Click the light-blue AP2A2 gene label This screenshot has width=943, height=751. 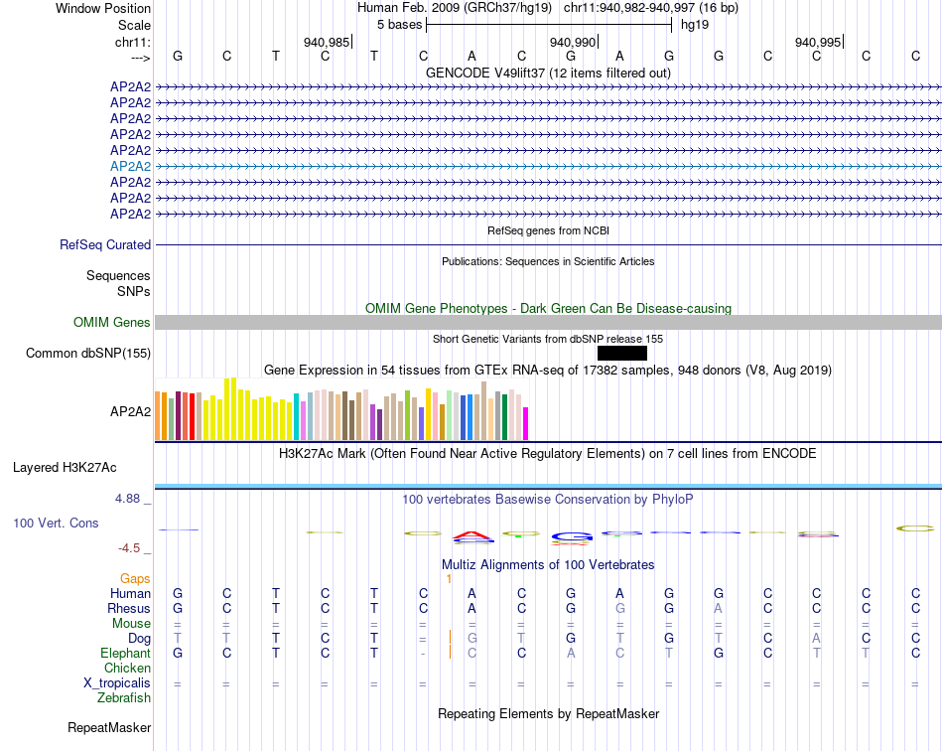130,166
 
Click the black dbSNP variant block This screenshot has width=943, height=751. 622,353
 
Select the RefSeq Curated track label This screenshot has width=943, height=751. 105,244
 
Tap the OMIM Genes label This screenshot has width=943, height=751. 112,322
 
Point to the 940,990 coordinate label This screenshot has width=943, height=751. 573,42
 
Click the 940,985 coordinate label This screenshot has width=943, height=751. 327,42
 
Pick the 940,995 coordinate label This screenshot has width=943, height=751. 818,42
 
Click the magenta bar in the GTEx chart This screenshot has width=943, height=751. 526,423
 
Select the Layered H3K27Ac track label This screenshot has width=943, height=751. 65,467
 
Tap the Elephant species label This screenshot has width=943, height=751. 125,653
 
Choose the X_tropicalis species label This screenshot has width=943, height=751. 117,683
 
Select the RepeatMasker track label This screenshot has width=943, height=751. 109,728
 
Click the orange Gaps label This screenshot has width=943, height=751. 135,578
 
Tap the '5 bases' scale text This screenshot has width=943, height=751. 399,24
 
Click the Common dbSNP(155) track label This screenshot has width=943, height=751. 88,353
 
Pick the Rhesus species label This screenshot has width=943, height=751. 129,608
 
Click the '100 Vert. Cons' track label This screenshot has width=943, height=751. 56,523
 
